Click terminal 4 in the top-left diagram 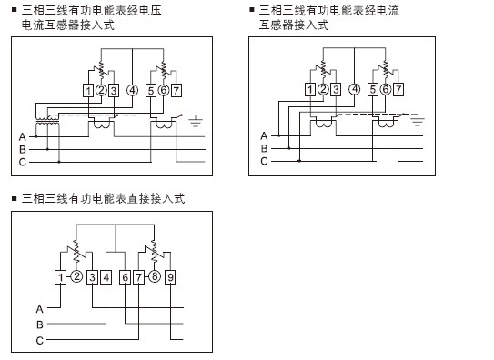[132, 90]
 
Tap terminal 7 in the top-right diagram [398, 89]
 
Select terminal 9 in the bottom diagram [170, 277]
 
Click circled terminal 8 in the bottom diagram [155, 276]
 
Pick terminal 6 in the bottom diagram [125, 277]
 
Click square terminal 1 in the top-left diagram [88, 91]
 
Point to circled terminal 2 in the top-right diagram [323, 89]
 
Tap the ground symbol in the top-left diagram [196, 121]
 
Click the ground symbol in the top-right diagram [418, 120]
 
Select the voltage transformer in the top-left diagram [47, 120]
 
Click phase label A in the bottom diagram [39, 309]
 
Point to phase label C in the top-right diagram [264, 161]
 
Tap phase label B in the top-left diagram [23, 149]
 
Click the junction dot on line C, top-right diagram [299, 161]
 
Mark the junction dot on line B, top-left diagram [47, 149]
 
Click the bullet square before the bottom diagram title [14, 198]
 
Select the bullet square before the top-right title [252, 9]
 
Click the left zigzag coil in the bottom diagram [76, 251]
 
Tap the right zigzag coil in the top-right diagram [385, 69]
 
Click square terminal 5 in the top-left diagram [151, 91]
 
